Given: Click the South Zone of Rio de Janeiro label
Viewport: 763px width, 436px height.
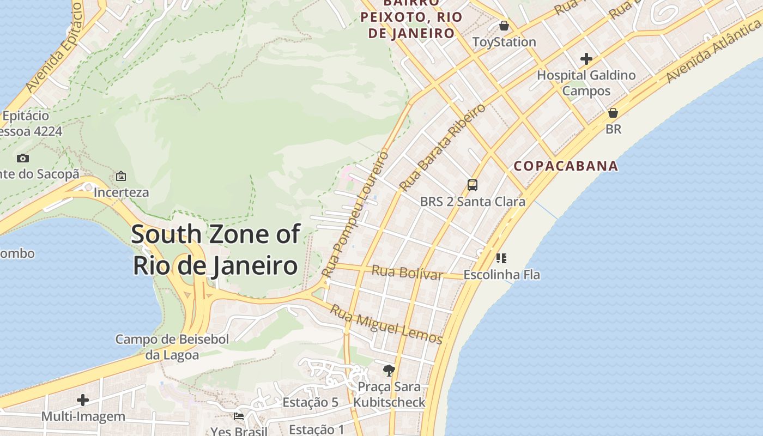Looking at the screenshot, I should point(215,250).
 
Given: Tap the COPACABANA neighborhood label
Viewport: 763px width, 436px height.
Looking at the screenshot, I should point(566,166).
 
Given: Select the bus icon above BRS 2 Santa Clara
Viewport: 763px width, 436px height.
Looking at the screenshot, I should point(473,185).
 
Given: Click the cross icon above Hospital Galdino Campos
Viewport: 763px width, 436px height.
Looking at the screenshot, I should point(586,59).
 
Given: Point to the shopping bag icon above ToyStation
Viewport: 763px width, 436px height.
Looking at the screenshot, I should point(504,26).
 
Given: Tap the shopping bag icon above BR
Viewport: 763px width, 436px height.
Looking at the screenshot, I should point(613,113).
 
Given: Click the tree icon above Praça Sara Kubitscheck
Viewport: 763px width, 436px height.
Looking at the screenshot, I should point(389,371).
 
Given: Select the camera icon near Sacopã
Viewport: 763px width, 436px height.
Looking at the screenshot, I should point(23,158).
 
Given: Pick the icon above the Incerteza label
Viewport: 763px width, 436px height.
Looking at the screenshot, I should point(121,176).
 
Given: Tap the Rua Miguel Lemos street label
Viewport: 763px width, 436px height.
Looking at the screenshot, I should point(386,324).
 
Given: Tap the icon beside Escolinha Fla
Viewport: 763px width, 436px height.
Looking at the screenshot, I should point(501,258).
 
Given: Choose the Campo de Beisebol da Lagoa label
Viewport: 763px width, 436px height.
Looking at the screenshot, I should point(172,347).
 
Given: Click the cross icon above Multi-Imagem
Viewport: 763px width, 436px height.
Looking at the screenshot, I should point(83,400).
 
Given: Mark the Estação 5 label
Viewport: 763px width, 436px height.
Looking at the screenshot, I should point(310,402).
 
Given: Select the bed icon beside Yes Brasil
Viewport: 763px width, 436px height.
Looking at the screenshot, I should point(239,416).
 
